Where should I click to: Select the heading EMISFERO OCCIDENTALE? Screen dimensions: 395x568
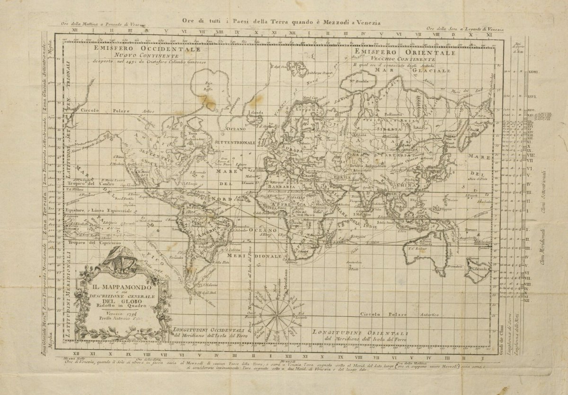coord(147,48)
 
